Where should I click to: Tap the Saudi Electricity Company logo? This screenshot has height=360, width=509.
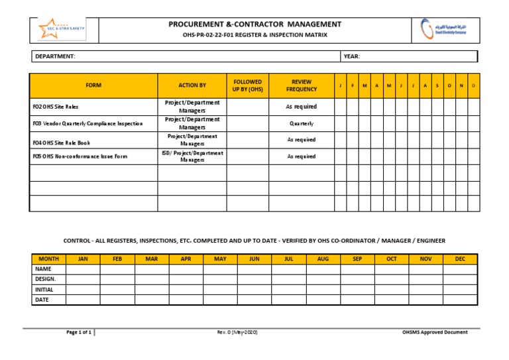click(x=448, y=30)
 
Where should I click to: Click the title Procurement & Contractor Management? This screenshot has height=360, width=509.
click(x=255, y=25)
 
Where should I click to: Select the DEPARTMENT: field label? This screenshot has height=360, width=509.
click(x=55, y=56)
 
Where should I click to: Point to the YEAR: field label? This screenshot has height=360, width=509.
click(x=352, y=56)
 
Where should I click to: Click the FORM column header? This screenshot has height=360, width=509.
click(x=93, y=86)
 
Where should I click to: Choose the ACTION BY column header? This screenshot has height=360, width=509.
click(x=192, y=86)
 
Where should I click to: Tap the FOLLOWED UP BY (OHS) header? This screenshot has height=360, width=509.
click(x=247, y=86)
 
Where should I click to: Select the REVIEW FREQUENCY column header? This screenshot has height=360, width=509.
click(x=302, y=86)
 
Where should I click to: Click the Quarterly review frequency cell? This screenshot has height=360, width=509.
click(x=302, y=123)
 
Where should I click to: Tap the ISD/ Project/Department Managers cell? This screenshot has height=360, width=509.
click(x=192, y=156)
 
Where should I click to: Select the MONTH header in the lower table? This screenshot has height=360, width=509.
click(x=48, y=259)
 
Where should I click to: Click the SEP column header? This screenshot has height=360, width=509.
click(x=357, y=259)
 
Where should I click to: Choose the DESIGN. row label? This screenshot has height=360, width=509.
click(x=45, y=279)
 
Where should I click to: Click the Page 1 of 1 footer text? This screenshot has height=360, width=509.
click(x=79, y=332)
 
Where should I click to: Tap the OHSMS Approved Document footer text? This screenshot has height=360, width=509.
click(x=435, y=332)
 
